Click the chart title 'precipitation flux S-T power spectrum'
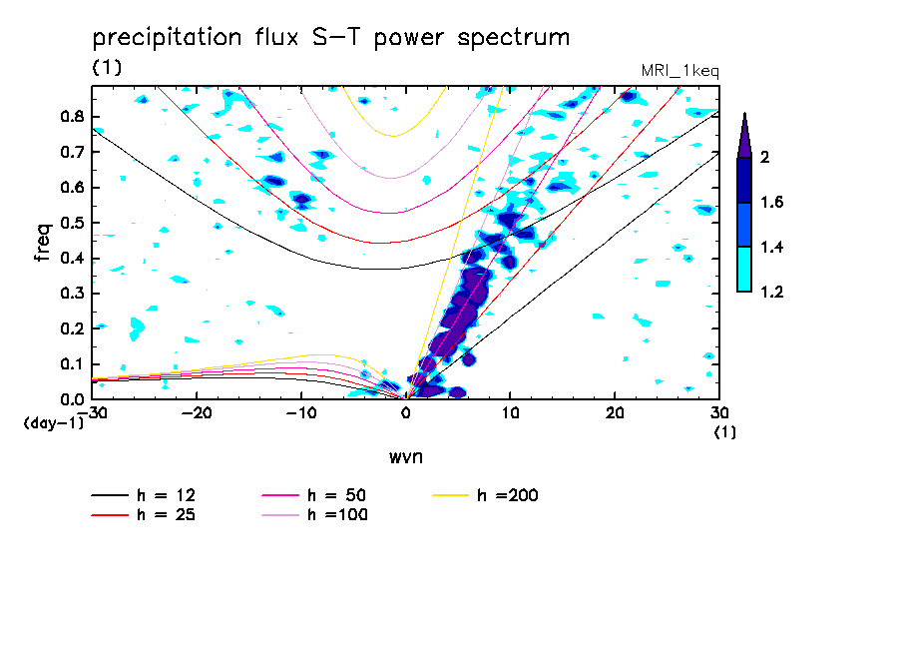click(331, 38)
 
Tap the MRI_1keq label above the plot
click(679, 71)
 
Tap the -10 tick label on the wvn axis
click(301, 411)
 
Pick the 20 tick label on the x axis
click(615, 411)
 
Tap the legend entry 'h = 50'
click(338, 496)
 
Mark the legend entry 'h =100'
click(338, 515)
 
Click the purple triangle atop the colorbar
click(744, 136)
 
